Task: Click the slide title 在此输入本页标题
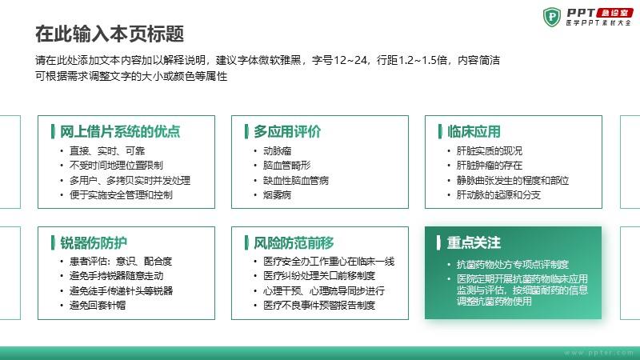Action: (110, 34)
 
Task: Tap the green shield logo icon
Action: (552, 17)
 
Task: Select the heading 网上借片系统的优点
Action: (120, 131)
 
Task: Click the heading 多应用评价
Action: (287, 131)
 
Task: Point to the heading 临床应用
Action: (474, 131)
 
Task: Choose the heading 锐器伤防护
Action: (94, 243)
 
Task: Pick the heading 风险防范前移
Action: (294, 243)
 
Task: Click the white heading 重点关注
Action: (474, 243)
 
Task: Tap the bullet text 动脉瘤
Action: (277, 151)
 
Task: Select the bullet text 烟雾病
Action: (277, 195)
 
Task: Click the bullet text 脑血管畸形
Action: (287, 166)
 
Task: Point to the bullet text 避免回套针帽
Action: (98, 306)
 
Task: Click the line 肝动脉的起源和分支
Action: (498, 195)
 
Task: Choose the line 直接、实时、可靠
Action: (107, 151)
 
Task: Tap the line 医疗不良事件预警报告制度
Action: (319, 306)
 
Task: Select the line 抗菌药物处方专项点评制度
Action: (513, 265)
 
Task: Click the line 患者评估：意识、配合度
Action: (121, 262)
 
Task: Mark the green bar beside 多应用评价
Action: (246, 131)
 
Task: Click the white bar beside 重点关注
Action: (438, 243)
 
